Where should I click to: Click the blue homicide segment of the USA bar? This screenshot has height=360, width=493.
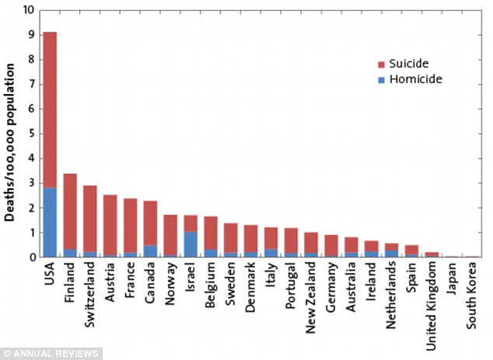coord(50,222)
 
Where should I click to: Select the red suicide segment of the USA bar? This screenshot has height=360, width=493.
coord(50,109)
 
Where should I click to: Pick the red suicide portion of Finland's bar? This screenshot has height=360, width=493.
coord(70,211)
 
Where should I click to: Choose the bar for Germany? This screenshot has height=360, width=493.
coord(330,246)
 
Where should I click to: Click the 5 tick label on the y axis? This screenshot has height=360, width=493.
coord(30,134)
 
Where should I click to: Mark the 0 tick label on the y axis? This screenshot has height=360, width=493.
coord(30,257)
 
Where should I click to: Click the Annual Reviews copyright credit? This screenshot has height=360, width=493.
coord(51,354)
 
